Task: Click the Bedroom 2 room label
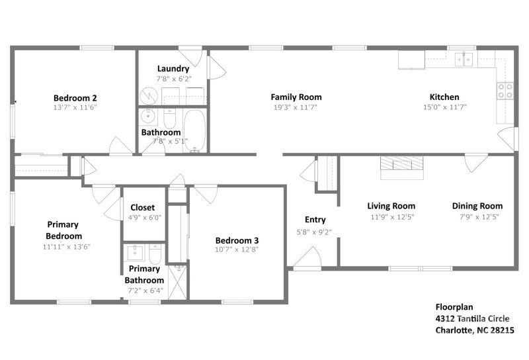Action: click(75, 97)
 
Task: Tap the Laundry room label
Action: click(173, 69)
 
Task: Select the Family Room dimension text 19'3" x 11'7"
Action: click(296, 107)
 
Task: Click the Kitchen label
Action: click(444, 97)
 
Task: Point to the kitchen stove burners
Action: click(505, 91)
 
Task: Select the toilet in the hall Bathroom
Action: click(169, 120)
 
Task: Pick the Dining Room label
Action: click(477, 206)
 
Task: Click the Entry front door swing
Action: click(307, 257)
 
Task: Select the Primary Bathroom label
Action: click(144, 275)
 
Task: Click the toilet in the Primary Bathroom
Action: click(155, 254)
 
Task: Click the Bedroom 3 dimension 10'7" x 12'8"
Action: click(236, 249)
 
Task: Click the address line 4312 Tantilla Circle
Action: click(472, 318)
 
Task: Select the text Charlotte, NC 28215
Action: click(474, 330)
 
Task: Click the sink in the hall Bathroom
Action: click(148, 117)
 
